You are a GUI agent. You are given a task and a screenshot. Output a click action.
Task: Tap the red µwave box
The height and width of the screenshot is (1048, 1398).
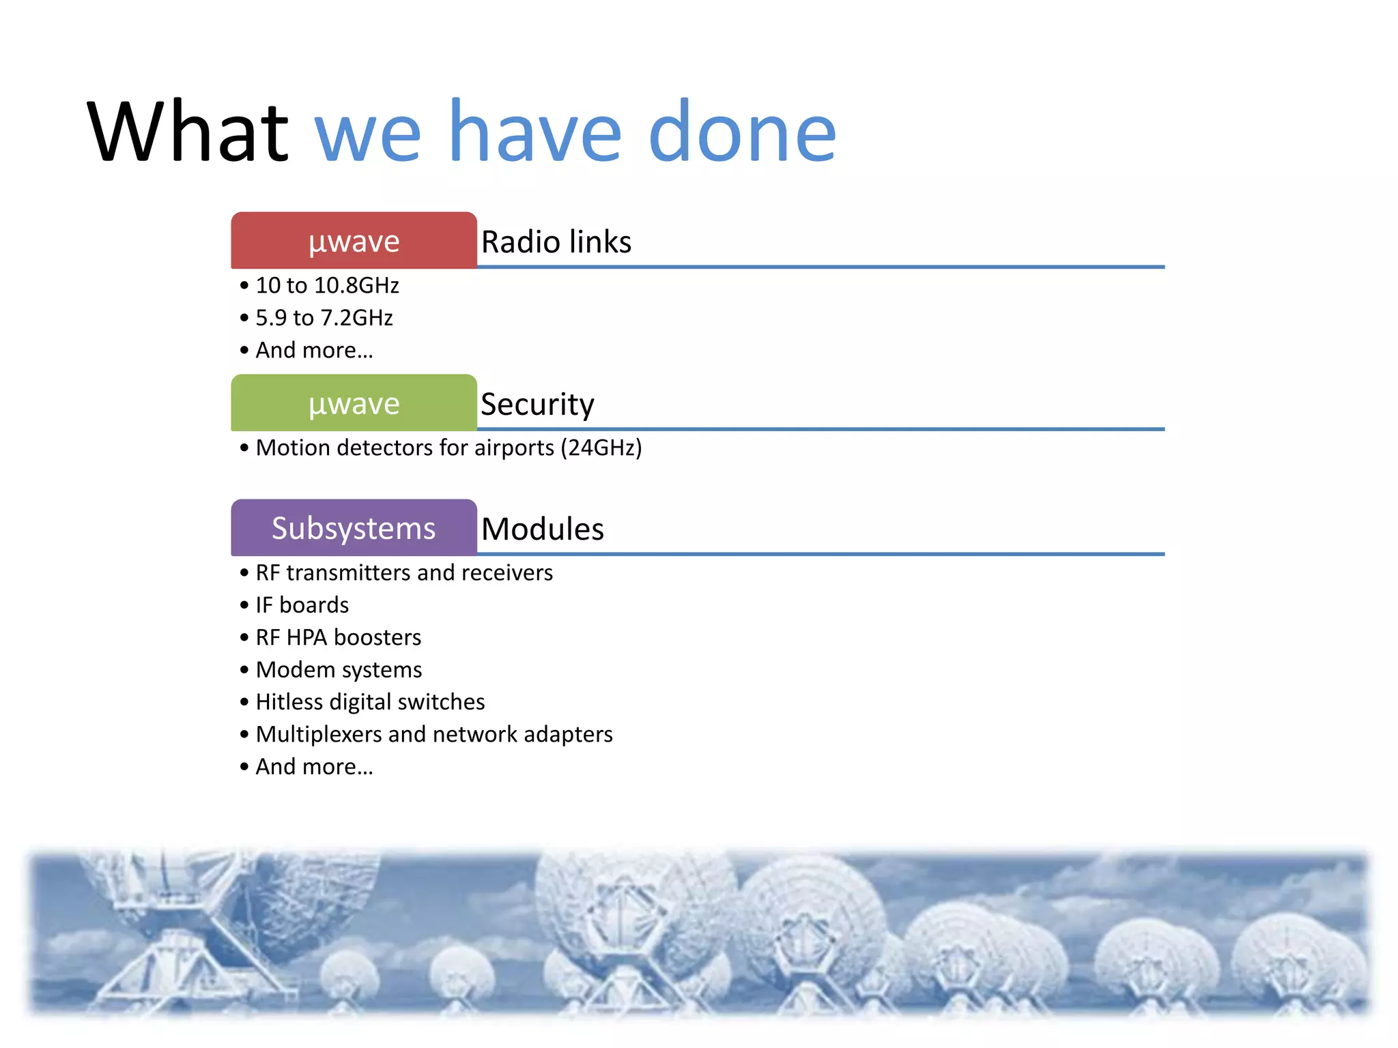[x=354, y=241]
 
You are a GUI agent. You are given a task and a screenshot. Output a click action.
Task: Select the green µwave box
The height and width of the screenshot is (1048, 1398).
[x=354, y=403]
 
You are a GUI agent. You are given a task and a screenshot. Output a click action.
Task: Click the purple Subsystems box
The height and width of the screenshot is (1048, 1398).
[x=354, y=528]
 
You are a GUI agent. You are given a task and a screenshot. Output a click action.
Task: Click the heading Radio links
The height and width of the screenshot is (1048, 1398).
[x=556, y=242]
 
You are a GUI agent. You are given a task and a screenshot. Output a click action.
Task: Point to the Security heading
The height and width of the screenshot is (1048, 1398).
[x=537, y=404]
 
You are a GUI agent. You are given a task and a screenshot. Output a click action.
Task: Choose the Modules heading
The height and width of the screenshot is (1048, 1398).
[x=543, y=529]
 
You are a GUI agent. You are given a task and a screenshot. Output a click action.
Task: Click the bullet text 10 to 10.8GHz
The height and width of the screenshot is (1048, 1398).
[x=327, y=285]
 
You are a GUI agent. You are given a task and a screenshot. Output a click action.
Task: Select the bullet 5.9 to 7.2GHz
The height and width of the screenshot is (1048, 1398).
[x=324, y=318]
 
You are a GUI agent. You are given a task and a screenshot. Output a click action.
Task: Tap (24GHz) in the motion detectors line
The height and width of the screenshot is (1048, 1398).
[x=601, y=448]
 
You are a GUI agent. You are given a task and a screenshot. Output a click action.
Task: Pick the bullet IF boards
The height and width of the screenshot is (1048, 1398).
[x=302, y=605]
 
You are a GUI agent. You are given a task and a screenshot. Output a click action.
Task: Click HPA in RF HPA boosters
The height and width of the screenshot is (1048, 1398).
[x=306, y=637]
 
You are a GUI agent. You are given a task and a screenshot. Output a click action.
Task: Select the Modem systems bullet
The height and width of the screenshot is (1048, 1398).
[x=339, y=670]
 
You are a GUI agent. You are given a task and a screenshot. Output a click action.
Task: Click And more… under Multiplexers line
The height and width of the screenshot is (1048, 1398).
[x=314, y=767]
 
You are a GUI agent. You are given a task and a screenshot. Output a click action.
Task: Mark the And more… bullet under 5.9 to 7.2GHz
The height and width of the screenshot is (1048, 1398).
[x=314, y=350]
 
